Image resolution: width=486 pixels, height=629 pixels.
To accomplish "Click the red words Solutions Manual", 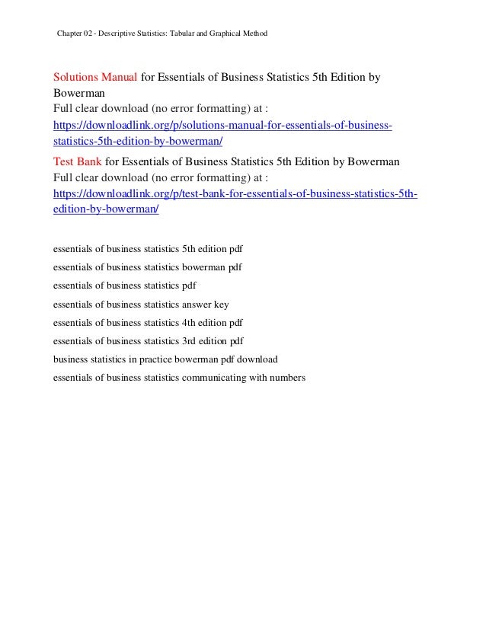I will point(94,78).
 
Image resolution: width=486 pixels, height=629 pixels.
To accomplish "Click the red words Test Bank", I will point(78,161).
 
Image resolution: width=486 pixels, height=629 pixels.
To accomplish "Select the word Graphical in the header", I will point(219,34).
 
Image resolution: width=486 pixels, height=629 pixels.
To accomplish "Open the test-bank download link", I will point(235,193).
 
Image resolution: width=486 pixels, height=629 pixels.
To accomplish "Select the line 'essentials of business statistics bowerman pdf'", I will point(148,267).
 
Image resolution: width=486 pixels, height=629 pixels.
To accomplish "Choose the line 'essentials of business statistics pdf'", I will point(124,286).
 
